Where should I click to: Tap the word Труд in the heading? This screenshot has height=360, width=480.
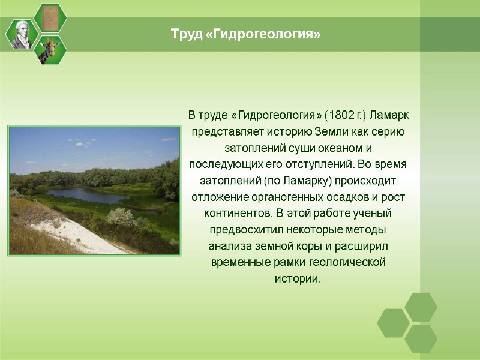pos(184,35)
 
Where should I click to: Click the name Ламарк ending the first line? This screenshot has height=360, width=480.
pos(389,115)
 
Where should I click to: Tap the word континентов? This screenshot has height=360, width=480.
pos(236,214)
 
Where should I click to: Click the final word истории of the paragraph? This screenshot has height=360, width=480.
pos(298,280)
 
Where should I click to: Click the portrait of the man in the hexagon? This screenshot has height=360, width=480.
pos(22,34)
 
